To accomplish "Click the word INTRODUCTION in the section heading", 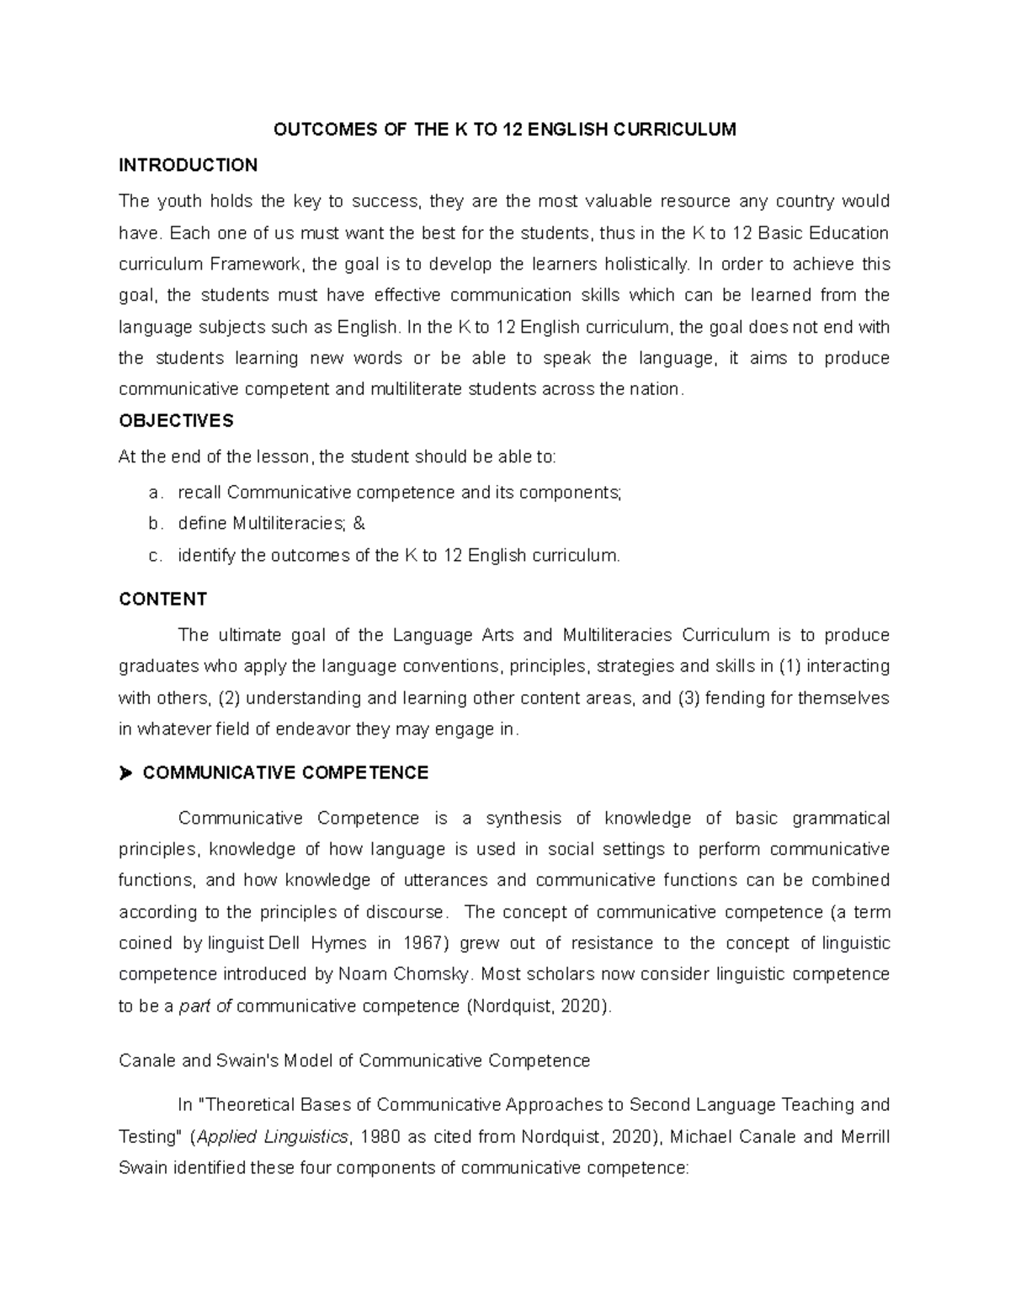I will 188,165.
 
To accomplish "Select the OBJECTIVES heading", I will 176,420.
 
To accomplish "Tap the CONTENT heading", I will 162,599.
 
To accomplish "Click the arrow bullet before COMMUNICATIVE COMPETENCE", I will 127,773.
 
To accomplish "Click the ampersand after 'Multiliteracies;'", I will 359,524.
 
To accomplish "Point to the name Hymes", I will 338,943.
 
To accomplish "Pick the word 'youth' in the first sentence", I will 179,201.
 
